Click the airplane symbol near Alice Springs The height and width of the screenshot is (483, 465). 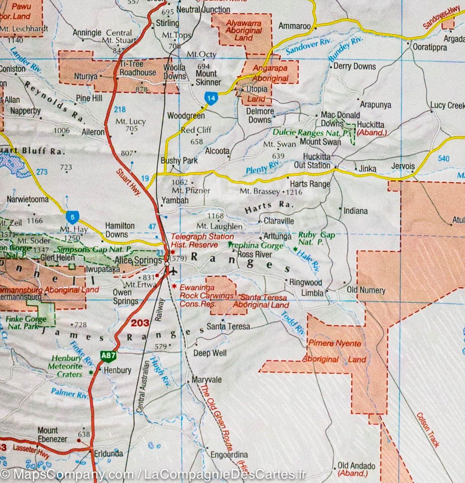(x=174, y=271)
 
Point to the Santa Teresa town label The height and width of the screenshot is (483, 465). (x=228, y=326)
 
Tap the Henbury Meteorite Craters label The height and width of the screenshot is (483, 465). (x=65, y=366)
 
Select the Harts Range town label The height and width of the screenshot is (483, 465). (x=310, y=184)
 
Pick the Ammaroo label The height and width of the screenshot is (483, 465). (x=294, y=26)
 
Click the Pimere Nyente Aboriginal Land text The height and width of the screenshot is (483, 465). (x=334, y=351)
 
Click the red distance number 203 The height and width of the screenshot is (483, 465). (x=140, y=323)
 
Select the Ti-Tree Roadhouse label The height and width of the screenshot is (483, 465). (x=138, y=68)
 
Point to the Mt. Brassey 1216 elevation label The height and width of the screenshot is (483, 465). (x=271, y=192)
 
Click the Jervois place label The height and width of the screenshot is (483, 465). (x=403, y=166)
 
